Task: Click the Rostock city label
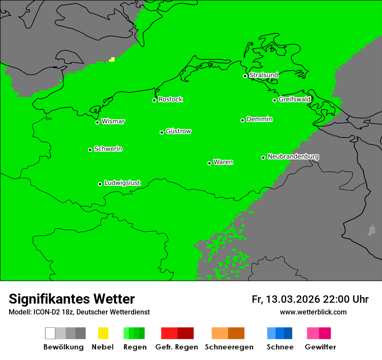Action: [x=171, y=99]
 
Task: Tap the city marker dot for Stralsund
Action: [x=245, y=76]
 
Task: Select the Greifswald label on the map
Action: [x=294, y=99]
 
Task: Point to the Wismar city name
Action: [x=113, y=121]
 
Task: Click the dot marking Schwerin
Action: [x=90, y=150]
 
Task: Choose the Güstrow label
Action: [x=178, y=131]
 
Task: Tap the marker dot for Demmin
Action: [x=242, y=120]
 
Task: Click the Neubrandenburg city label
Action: [x=293, y=157]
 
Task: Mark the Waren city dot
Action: [x=209, y=163]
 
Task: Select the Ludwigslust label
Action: [x=122, y=183]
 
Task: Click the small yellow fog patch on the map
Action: [x=112, y=59]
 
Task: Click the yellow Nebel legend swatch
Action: [x=103, y=333]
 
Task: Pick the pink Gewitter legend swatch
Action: [x=319, y=333]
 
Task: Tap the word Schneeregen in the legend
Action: [x=229, y=347]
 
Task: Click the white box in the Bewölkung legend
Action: [x=50, y=333]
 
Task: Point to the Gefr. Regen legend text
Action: [x=177, y=347]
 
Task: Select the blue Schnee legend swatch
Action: [x=280, y=333]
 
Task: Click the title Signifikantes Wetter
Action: [x=72, y=299]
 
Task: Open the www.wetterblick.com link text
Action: [x=313, y=312]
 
